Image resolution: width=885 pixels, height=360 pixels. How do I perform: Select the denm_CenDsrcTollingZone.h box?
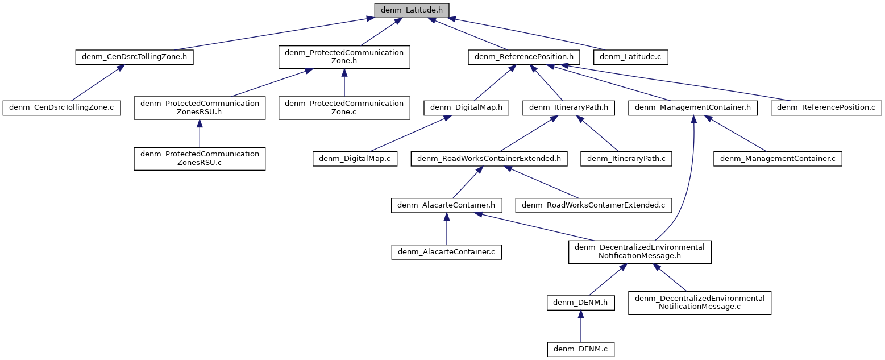coord(134,57)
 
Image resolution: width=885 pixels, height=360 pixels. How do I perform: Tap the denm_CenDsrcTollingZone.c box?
coord(62,107)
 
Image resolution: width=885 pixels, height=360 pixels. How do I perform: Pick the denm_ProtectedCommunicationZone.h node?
coord(344,57)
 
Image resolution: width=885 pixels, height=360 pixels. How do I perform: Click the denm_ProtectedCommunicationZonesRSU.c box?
coord(200,158)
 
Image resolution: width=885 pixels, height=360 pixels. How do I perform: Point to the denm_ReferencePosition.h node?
coord(523,57)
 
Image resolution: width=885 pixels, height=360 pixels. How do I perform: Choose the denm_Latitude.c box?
coord(630,57)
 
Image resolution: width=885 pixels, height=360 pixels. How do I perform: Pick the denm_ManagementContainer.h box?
coord(693,107)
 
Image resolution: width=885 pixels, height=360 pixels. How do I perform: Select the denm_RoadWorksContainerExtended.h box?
coord(489,158)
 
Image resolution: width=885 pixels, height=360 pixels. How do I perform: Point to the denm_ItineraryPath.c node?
coord(626,158)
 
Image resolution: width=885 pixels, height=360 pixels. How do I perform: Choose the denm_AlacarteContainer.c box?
coord(446,252)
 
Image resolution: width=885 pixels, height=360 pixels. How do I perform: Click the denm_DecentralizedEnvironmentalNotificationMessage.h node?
coord(640,251)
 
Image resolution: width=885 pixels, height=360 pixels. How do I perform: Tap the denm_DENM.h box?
coord(580,303)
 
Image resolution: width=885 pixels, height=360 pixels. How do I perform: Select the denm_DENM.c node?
coord(580,349)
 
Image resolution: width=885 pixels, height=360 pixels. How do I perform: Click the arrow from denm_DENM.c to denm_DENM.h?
coord(580,326)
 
